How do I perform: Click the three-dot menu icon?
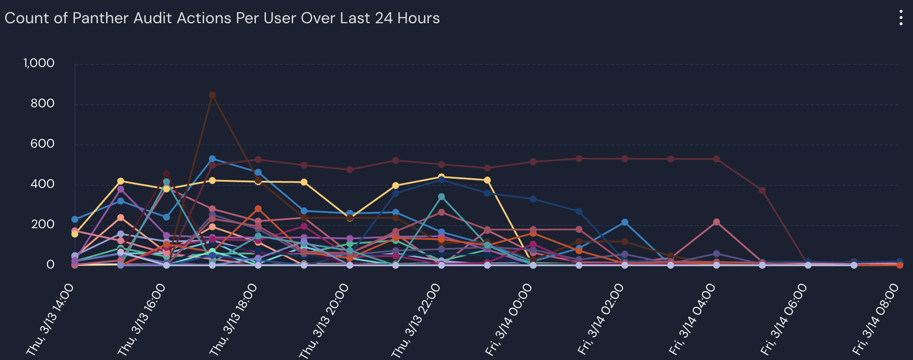click(901, 18)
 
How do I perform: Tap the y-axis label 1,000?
click(39, 63)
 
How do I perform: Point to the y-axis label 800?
click(42, 103)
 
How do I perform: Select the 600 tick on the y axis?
click(42, 144)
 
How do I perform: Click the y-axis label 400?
click(42, 184)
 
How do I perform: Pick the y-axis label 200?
click(42, 224)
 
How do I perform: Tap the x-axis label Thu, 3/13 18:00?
click(233, 320)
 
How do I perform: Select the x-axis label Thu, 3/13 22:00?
click(416, 320)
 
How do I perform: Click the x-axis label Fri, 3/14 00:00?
click(508, 320)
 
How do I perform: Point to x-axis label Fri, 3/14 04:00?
click(692, 320)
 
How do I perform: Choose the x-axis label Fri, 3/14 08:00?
click(875, 320)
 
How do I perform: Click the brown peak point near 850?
click(212, 95)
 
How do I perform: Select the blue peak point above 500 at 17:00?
click(212, 159)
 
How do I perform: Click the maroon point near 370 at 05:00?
click(762, 191)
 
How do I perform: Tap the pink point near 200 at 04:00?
click(716, 222)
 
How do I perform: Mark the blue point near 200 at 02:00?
click(625, 222)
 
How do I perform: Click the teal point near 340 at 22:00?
click(442, 197)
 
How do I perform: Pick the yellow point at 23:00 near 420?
click(487, 180)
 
